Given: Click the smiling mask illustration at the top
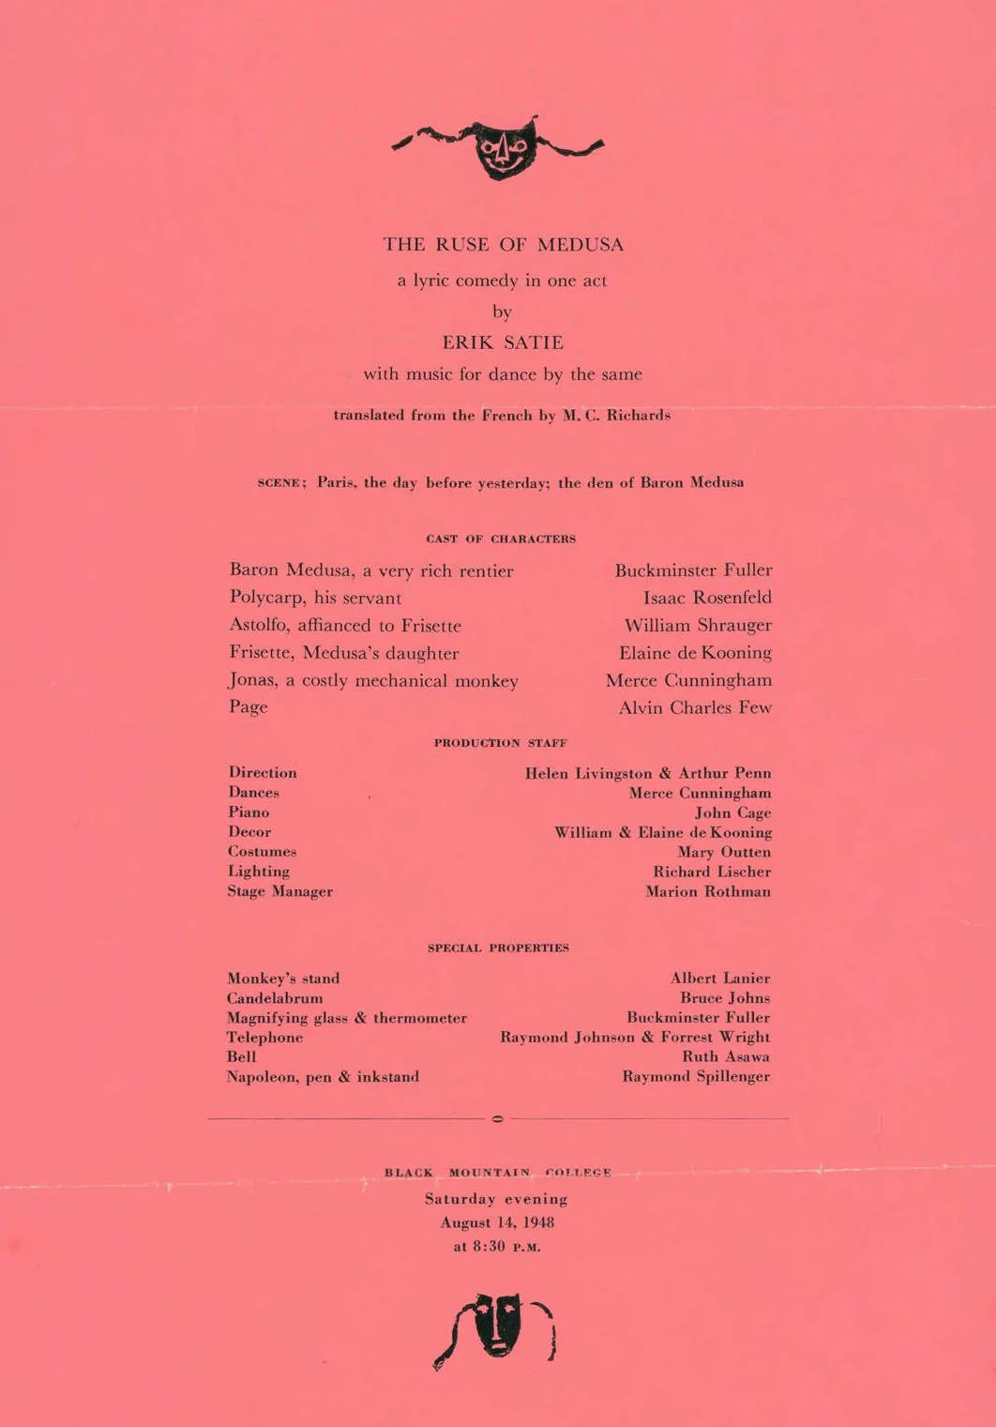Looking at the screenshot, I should point(505,146).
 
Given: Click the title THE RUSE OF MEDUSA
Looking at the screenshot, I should point(503,245).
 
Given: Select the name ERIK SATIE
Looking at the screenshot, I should point(503,342).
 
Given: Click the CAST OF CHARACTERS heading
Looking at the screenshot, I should point(501,539).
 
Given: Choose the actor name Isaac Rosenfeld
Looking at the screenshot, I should point(707,598).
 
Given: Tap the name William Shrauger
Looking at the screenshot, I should point(698,626).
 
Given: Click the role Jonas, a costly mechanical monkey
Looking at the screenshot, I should point(373,681).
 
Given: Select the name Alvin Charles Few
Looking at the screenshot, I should point(695,708).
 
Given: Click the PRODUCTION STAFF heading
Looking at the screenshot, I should point(500,743).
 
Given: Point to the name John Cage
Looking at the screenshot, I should point(732,813).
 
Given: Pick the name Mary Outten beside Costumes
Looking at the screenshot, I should point(724,853).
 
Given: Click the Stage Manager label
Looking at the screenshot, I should point(279,892).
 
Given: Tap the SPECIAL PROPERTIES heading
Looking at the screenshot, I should point(498,949).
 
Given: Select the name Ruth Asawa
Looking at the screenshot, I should point(726,1057).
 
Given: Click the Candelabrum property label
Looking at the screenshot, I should point(274,998).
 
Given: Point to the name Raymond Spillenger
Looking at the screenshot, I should point(696,1077).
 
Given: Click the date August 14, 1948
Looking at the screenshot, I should point(497,1223).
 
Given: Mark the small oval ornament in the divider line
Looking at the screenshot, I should point(497,1118).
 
